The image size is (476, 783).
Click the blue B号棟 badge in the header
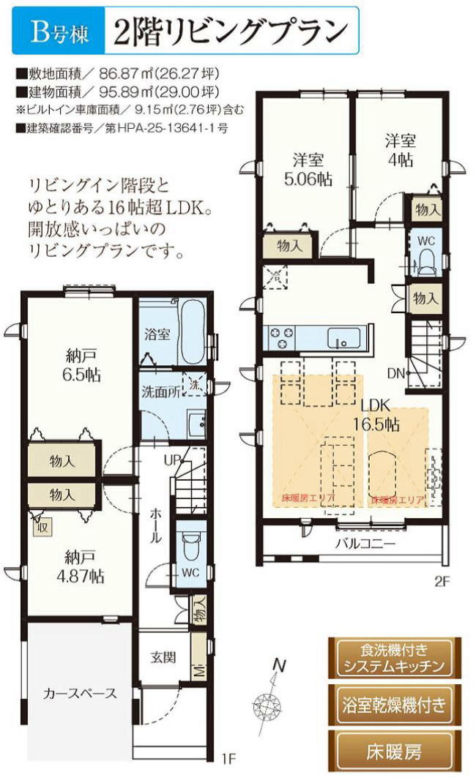[x=60, y=31]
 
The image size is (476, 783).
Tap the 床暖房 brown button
[x=395, y=752]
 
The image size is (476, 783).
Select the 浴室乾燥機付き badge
[x=395, y=705]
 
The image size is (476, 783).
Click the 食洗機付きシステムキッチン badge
[x=395, y=658]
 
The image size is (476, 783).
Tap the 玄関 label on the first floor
[x=163, y=656]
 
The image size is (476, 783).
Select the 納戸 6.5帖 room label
[x=81, y=366]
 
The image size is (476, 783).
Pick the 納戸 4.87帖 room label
[x=80, y=567]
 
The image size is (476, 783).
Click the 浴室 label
[x=158, y=334]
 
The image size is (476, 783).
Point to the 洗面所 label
[x=161, y=391]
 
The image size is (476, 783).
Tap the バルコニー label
[x=365, y=544]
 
